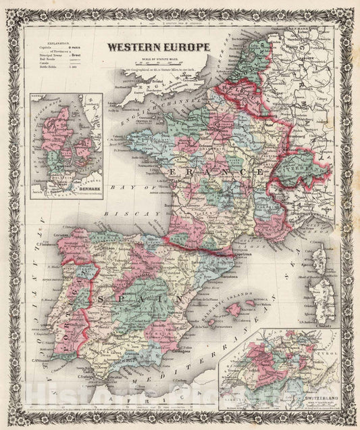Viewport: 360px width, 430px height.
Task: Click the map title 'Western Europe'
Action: (157, 48)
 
